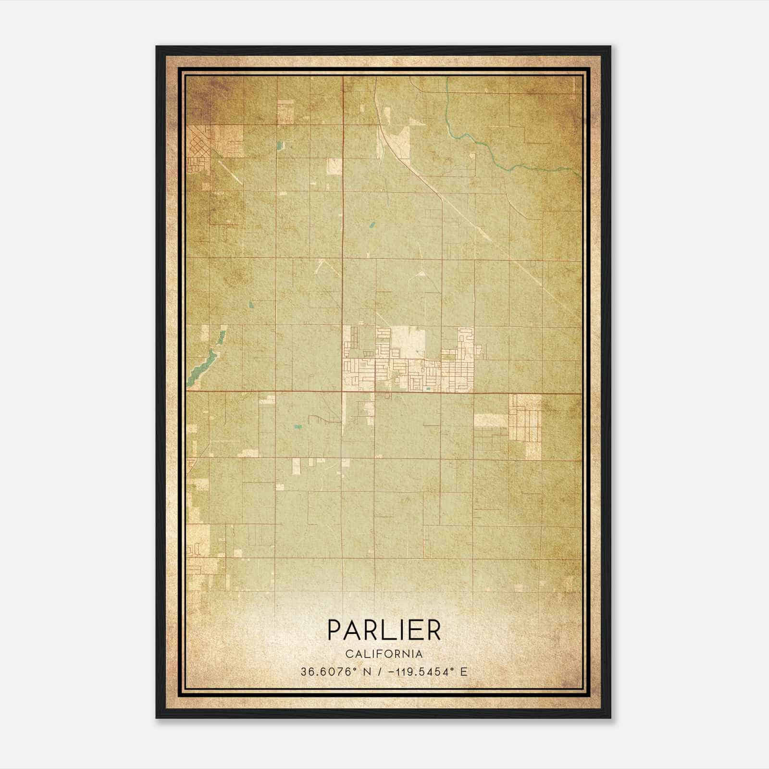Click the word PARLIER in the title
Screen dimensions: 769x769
pos(384,630)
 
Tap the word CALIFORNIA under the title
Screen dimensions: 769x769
pos(384,654)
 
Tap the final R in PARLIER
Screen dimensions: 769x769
pos(434,630)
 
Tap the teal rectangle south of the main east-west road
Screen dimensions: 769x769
pos(298,426)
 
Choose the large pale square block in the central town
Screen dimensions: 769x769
pos(408,343)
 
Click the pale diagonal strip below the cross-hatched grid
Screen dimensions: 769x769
pos(230,171)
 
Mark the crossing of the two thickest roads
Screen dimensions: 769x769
pos(343,392)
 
